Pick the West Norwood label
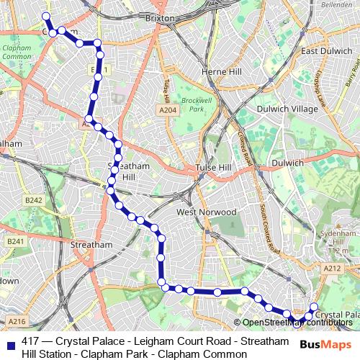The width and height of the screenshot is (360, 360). [x=207, y=212]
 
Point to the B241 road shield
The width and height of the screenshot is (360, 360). [x=16, y=241]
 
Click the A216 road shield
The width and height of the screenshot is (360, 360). [x=17, y=322]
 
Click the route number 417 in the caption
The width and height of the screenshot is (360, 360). [x=31, y=341]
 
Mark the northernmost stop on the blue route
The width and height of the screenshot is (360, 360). [x=45, y=16]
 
